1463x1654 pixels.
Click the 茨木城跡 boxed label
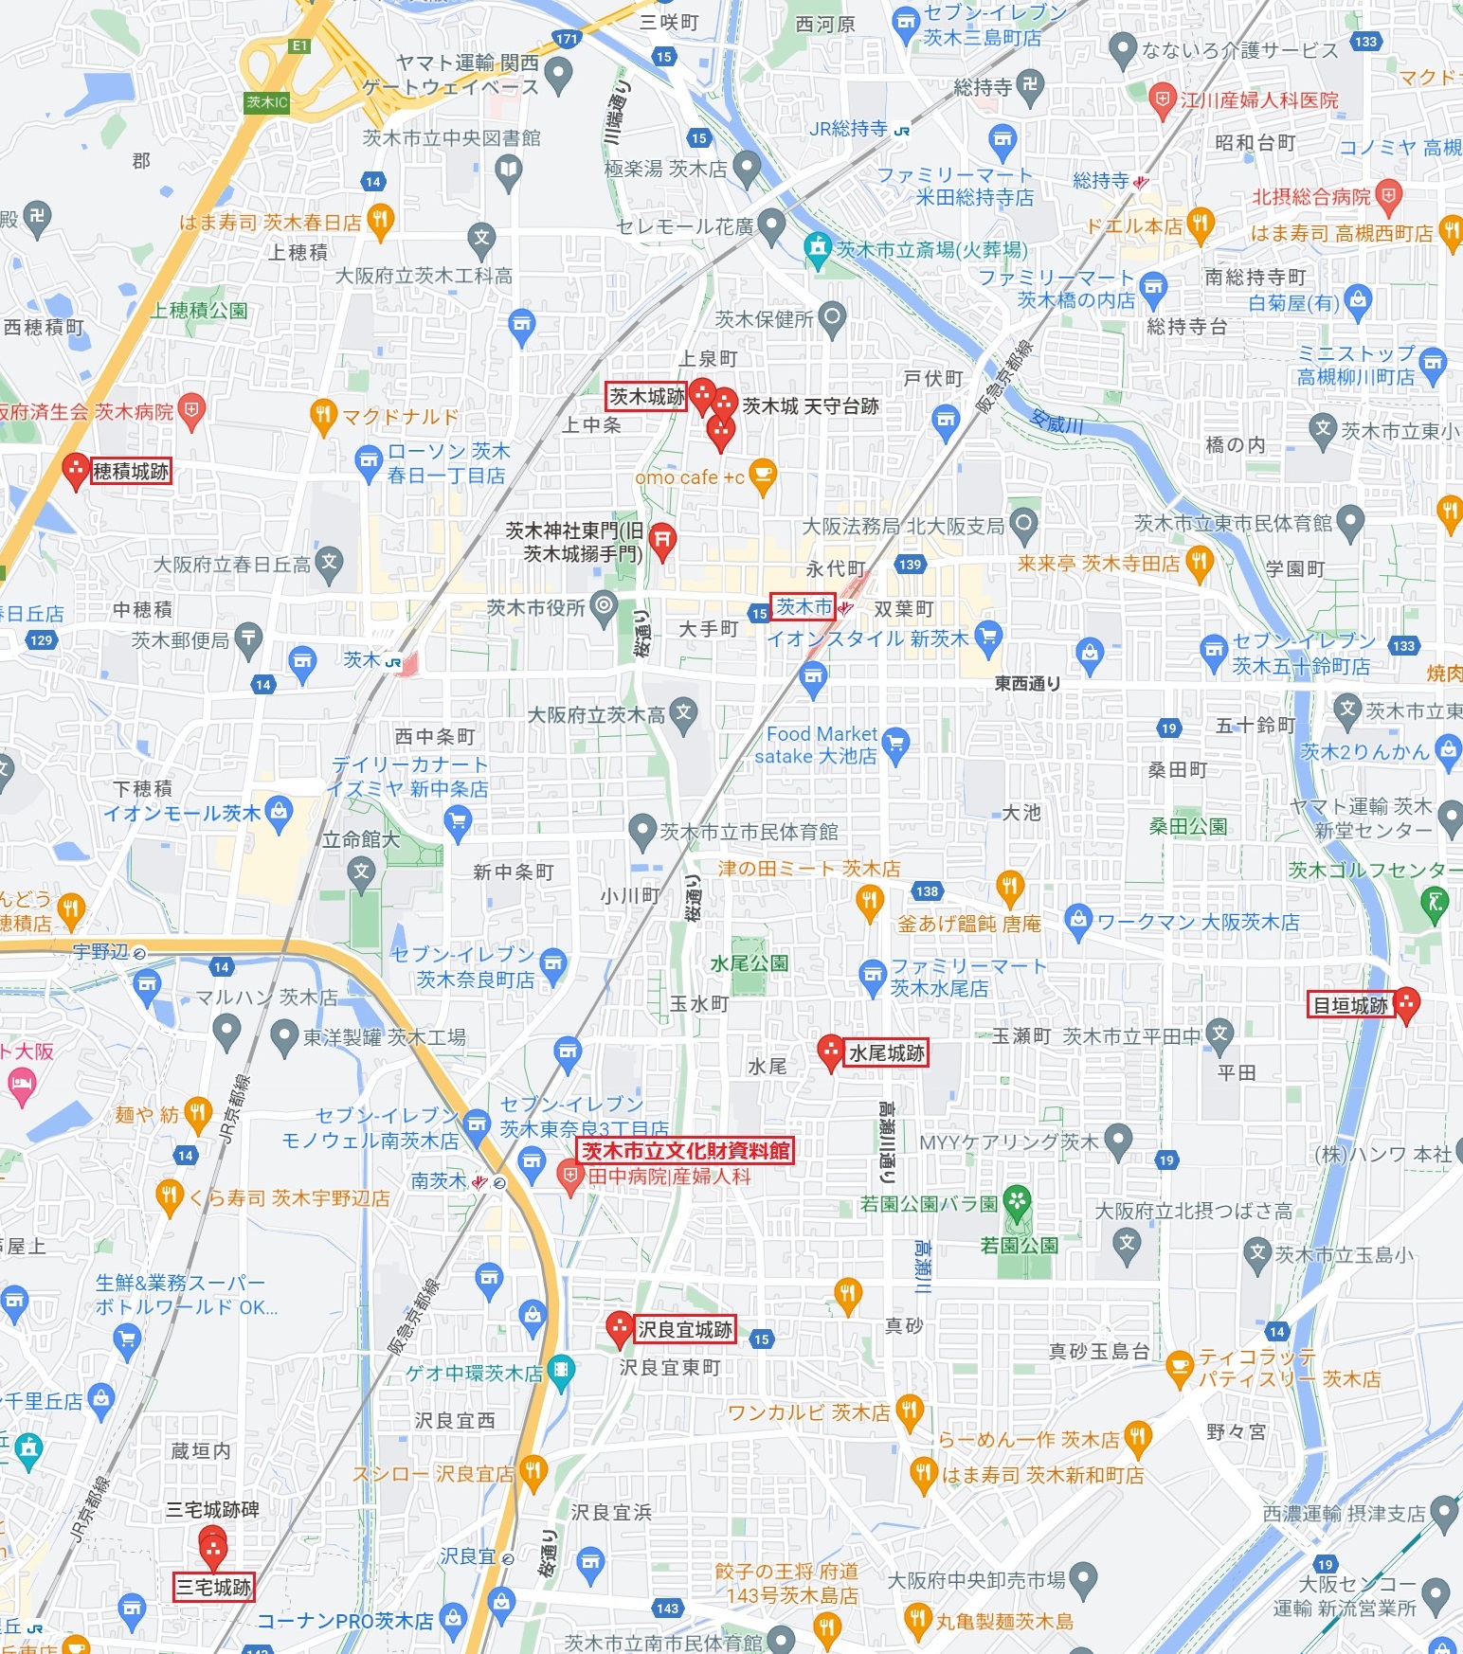click(x=646, y=397)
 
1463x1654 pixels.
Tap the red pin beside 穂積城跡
click(x=75, y=470)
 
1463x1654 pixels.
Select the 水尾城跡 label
click(x=886, y=1052)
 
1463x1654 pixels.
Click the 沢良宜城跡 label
click(x=684, y=1329)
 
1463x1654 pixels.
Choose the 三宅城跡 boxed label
click(x=213, y=1586)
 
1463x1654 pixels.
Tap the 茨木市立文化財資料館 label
click(x=685, y=1150)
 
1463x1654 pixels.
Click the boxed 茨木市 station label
click(x=804, y=606)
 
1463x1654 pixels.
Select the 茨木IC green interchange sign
click(x=266, y=102)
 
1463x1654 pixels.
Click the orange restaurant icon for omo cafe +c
click(x=762, y=476)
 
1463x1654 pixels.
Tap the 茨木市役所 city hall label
click(x=535, y=607)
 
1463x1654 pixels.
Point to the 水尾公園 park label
click(x=749, y=962)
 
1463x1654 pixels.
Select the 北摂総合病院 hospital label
click(x=1311, y=197)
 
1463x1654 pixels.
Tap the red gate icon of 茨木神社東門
click(x=662, y=541)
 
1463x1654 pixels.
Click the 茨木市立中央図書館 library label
click(x=451, y=138)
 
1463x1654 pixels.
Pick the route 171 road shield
click(x=567, y=39)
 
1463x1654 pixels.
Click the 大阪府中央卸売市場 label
click(x=976, y=1580)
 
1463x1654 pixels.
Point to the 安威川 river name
click(x=1057, y=422)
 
